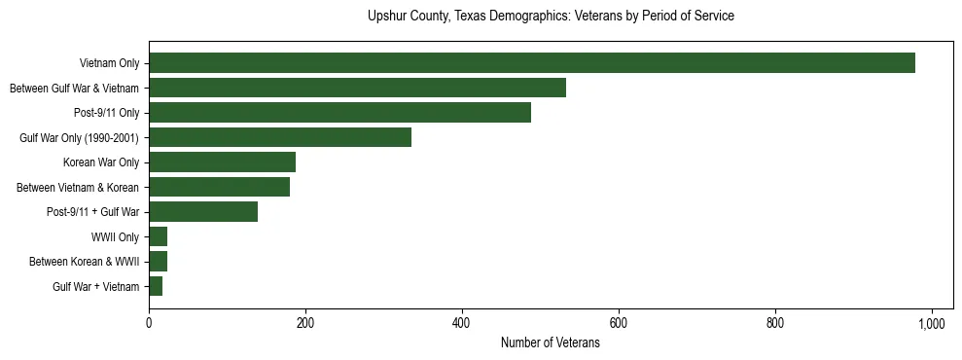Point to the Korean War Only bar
tap(222, 162)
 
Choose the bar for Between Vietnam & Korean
tap(219, 187)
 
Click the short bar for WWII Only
tap(158, 236)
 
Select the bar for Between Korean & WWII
tap(158, 262)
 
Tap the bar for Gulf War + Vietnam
tap(156, 286)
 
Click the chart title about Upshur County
tap(551, 17)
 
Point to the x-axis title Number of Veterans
tap(551, 343)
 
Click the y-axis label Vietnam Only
tap(109, 64)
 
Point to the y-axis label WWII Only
tap(115, 237)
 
